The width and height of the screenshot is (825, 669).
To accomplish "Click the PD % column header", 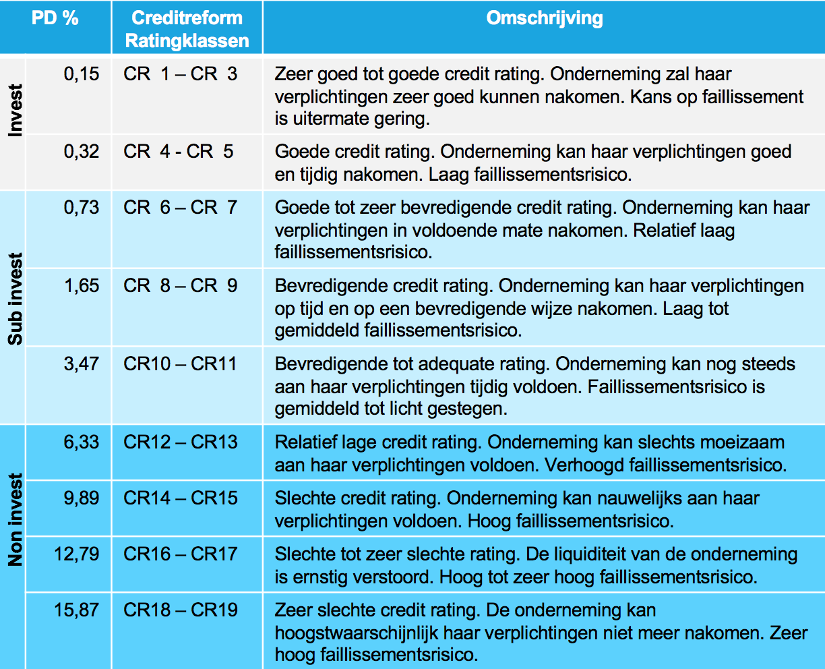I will (x=55, y=18).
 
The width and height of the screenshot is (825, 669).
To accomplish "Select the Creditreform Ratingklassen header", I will (x=187, y=29).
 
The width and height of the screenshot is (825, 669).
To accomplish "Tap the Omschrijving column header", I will (x=544, y=18).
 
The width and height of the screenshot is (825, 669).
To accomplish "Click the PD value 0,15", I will (x=82, y=74).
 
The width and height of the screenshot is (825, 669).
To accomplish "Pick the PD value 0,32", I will (x=82, y=152).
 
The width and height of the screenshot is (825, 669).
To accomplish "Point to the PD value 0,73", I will (x=82, y=208).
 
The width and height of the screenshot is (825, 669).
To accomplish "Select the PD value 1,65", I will (x=82, y=286).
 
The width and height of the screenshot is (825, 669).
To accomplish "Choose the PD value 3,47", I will (x=82, y=364).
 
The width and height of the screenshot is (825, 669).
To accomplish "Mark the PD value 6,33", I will (x=82, y=442).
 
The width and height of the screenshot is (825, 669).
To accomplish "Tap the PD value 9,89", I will (x=82, y=498).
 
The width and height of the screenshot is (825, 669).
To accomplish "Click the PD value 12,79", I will (x=77, y=554).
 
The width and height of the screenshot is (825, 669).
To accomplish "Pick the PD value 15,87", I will (x=77, y=610).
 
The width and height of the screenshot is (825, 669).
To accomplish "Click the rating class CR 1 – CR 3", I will (x=180, y=74).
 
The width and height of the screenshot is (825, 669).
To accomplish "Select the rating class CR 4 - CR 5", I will (x=178, y=152).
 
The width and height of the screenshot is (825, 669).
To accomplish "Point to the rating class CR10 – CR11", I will (x=180, y=364).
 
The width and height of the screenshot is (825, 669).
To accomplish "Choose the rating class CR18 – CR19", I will (x=180, y=610).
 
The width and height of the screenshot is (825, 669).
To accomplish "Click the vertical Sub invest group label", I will (x=15, y=299).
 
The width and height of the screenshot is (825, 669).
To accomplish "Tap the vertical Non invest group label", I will (x=15, y=519).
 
